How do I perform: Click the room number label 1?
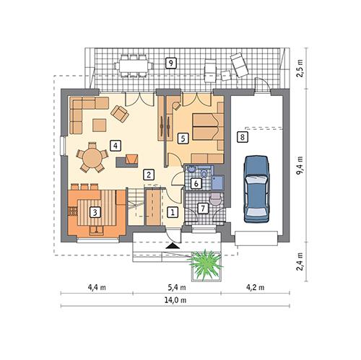tap(172, 212)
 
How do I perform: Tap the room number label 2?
tap(147, 174)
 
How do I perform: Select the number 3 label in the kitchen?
tap(95, 212)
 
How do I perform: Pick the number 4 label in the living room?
tap(115, 145)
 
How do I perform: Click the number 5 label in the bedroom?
tap(183, 136)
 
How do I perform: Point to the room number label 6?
tap(196, 183)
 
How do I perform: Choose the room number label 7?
tap(202, 208)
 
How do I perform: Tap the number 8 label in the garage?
tap(243, 136)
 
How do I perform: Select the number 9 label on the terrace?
tap(170, 62)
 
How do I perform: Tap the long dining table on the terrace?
tap(134, 66)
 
